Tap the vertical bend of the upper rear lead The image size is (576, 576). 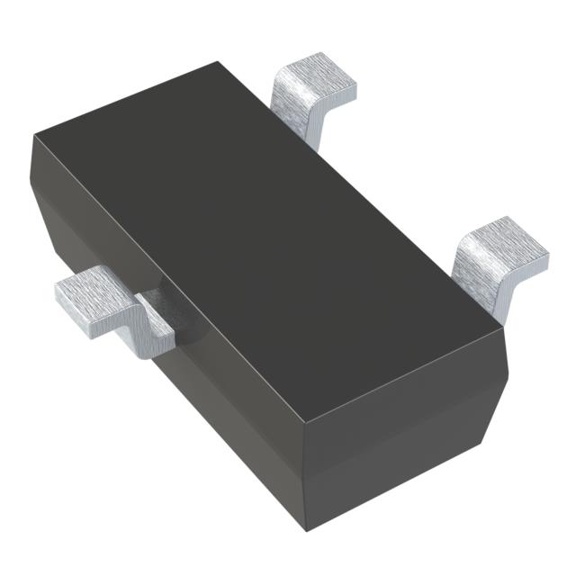(x=301, y=117)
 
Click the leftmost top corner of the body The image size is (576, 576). (x=35, y=136)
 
